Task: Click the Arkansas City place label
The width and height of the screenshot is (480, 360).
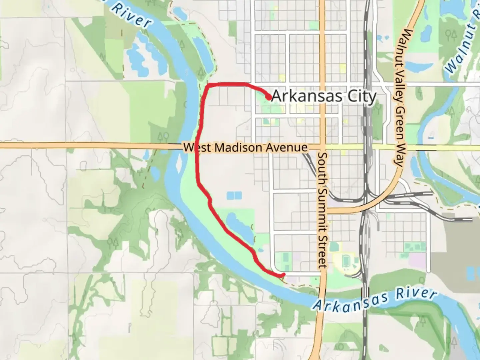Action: pos(324,97)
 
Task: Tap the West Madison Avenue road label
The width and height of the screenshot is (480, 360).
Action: pos(246,147)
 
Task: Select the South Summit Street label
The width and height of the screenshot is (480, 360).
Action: pos(323,210)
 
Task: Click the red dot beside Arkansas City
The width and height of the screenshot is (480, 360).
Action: pos(268,97)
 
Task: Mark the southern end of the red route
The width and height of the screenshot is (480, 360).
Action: pos(283,275)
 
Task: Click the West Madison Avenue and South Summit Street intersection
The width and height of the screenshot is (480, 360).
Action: pos(322,147)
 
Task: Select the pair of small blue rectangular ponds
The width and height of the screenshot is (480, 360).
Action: pos(234,196)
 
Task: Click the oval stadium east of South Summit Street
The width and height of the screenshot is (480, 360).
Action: pos(347,262)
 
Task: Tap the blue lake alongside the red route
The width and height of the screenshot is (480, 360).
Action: pos(239,226)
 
